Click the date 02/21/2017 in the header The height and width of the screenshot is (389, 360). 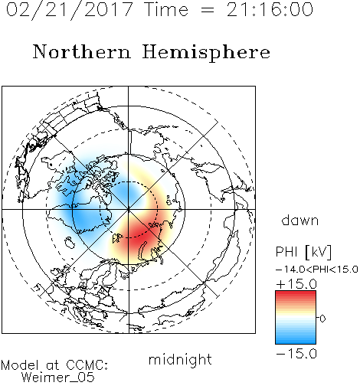pyautogui.click(x=70, y=9)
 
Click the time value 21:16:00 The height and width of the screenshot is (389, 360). pyautogui.click(x=270, y=9)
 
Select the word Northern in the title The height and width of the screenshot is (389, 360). pyautogui.click(x=82, y=51)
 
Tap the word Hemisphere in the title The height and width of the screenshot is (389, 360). pyautogui.click(x=206, y=52)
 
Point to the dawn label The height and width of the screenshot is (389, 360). pyautogui.click(x=300, y=220)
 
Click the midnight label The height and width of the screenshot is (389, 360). pyautogui.click(x=180, y=359)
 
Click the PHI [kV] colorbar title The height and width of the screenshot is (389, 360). pyautogui.click(x=303, y=252)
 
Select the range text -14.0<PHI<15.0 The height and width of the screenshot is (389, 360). pyautogui.click(x=317, y=270)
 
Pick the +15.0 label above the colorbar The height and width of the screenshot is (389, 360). pyautogui.click(x=296, y=284)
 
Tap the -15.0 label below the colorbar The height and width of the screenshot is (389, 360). pyautogui.click(x=296, y=354)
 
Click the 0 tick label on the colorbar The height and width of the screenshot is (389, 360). pyautogui.click(x=322, y=319)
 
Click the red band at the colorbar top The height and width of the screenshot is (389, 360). pyautogui.click(x=296, y=295)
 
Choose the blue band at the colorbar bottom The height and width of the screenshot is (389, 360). pyautogui.click(x=296, y=340)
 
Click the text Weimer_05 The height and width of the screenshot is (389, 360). pyautogui.click(x=58, y=377)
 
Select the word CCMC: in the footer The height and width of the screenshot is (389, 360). pyautogui.click(x=87, y=365)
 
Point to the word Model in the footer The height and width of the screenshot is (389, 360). pyautogui.click(x=20, y=365)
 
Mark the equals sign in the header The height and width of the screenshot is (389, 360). pyautogui.click(x=208, y=10)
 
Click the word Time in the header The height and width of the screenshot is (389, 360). pyautogui.click(x=166, y=9)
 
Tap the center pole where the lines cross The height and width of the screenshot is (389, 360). pyautogui.click(x=129, y=210)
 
